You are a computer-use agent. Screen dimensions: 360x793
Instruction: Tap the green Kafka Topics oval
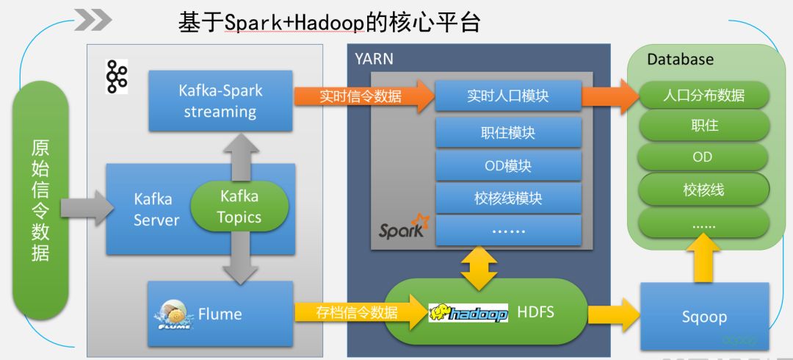[x=239, y=206]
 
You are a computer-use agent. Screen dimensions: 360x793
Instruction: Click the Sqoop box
[x=704, y=317]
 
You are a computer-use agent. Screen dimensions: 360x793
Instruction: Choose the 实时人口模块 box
[x=508, y=96]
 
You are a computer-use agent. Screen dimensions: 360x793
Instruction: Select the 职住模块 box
[x=508, y=133]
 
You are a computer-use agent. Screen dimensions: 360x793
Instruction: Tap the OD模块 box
[x=508, y=165]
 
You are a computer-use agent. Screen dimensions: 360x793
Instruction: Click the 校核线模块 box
[x=508, y=198]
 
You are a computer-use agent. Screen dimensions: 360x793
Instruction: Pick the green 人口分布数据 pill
[x=703, y=96]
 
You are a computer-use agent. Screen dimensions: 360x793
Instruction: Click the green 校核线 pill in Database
[x=703, y=190]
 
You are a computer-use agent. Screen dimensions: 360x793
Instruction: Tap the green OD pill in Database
[x=703, y=157]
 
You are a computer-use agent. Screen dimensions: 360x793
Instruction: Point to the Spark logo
[x=403, y=228]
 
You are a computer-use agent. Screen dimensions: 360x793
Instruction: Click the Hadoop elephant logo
[x=468, y=314]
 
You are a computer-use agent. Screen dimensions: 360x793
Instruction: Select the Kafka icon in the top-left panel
[x=116, y=77]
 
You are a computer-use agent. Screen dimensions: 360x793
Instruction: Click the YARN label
[x=374, y=60]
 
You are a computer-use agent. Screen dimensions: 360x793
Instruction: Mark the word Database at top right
[x=680, y=60]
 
